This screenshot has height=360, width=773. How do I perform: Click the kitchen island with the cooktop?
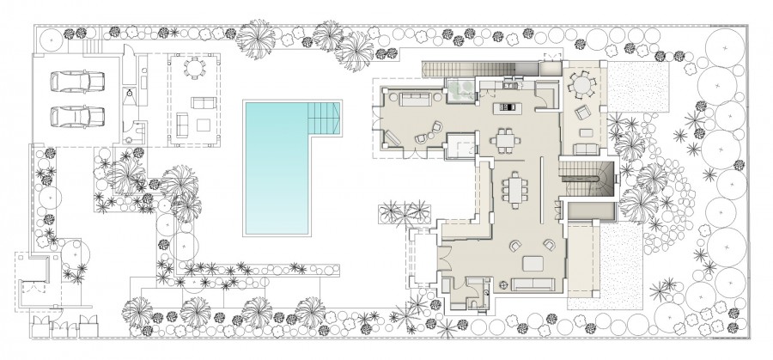click(x=508, y=109)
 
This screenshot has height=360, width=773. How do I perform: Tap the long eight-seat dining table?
click(x=516, y=187)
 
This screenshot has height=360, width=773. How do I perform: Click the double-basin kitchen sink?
click(x=514, y=84)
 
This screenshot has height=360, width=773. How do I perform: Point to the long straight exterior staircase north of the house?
click(x=468, y=68)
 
